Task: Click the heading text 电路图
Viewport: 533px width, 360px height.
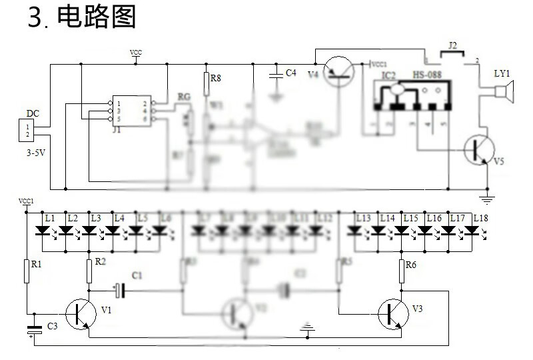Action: pyautogui.click(x=97, y=17)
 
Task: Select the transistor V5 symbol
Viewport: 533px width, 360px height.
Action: pyautogui.click(x=478, y=149)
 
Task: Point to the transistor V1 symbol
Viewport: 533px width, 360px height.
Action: pyautogui.click(x=81, y=313)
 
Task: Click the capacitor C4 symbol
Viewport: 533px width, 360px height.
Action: pyautogui.click(x=275, y=74)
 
